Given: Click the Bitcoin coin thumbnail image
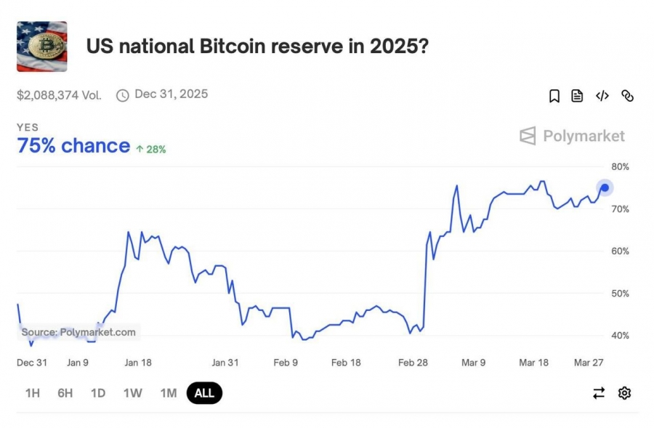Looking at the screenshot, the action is click(41, 47).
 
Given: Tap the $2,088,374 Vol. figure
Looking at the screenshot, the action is click(60, 95).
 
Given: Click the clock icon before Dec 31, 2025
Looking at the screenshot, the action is click(123, 95).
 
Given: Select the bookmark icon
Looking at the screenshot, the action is click(554, 96).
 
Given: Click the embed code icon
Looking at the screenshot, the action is click(602, 96).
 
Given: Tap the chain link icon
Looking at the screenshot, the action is click(627, 96).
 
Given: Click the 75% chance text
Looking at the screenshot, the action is click(73, 146).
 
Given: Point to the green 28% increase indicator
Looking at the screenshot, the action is click(151, 150).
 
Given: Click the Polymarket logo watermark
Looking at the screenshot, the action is click(572, 136).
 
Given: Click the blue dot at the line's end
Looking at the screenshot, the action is click(605, 187).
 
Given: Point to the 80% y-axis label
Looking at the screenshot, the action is click(621, 167).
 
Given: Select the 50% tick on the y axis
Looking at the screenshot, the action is click(621, 294).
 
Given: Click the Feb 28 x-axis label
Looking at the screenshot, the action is click(413, 363).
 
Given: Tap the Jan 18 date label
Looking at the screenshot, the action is click(138, 363).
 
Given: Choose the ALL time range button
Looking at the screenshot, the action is click(204, 393).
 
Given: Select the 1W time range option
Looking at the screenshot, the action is click(133, 393).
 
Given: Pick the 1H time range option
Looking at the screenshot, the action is click(33, 393).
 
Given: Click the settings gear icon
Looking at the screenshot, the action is click(624, 393).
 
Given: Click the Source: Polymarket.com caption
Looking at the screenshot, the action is click(78, 332).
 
